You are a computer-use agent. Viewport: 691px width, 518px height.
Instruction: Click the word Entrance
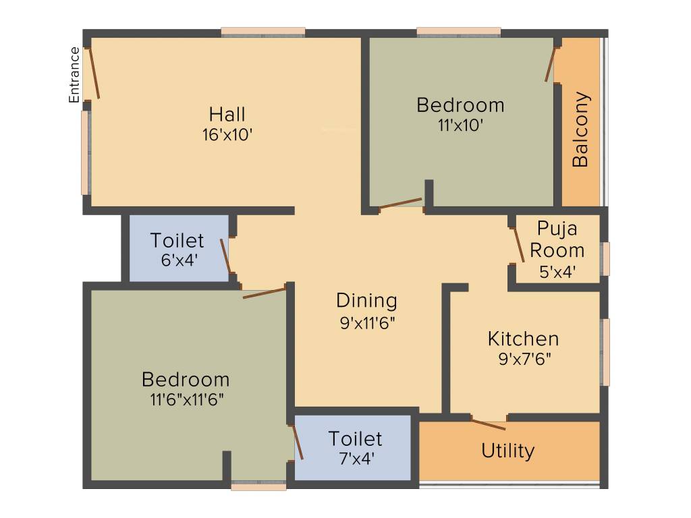(x=74, y=75)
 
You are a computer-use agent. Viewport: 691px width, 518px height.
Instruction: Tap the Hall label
(x=227, y=113)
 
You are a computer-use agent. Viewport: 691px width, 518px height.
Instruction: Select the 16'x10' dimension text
(x=227, y=134)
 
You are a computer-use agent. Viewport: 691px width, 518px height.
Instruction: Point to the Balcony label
(x=580, y=129)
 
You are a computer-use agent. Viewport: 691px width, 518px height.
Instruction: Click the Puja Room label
(x=557, y=239)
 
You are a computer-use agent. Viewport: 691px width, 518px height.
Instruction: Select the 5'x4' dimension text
(x=557, y=272)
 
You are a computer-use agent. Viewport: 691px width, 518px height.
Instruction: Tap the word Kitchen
(x=523, y=338)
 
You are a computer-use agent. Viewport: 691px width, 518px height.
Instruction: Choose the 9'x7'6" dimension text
(x=524, y=359)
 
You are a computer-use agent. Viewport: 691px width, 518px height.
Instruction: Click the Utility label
(x=508, y=451)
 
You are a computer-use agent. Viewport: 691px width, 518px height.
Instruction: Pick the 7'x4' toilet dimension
(x=356, y=459)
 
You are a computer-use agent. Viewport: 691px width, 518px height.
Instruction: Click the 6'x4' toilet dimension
(x=178, y=260)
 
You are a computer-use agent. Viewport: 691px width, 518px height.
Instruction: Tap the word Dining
(x=366, y=300)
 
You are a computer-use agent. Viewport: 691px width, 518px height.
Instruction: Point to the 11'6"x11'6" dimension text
(x=186, y=399)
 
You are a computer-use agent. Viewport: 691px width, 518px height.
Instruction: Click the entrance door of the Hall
(x=93, y=73)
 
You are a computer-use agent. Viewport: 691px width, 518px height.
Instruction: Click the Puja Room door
(x=518, y=245)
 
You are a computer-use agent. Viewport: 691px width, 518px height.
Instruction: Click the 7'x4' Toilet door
(x=297, y=442)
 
